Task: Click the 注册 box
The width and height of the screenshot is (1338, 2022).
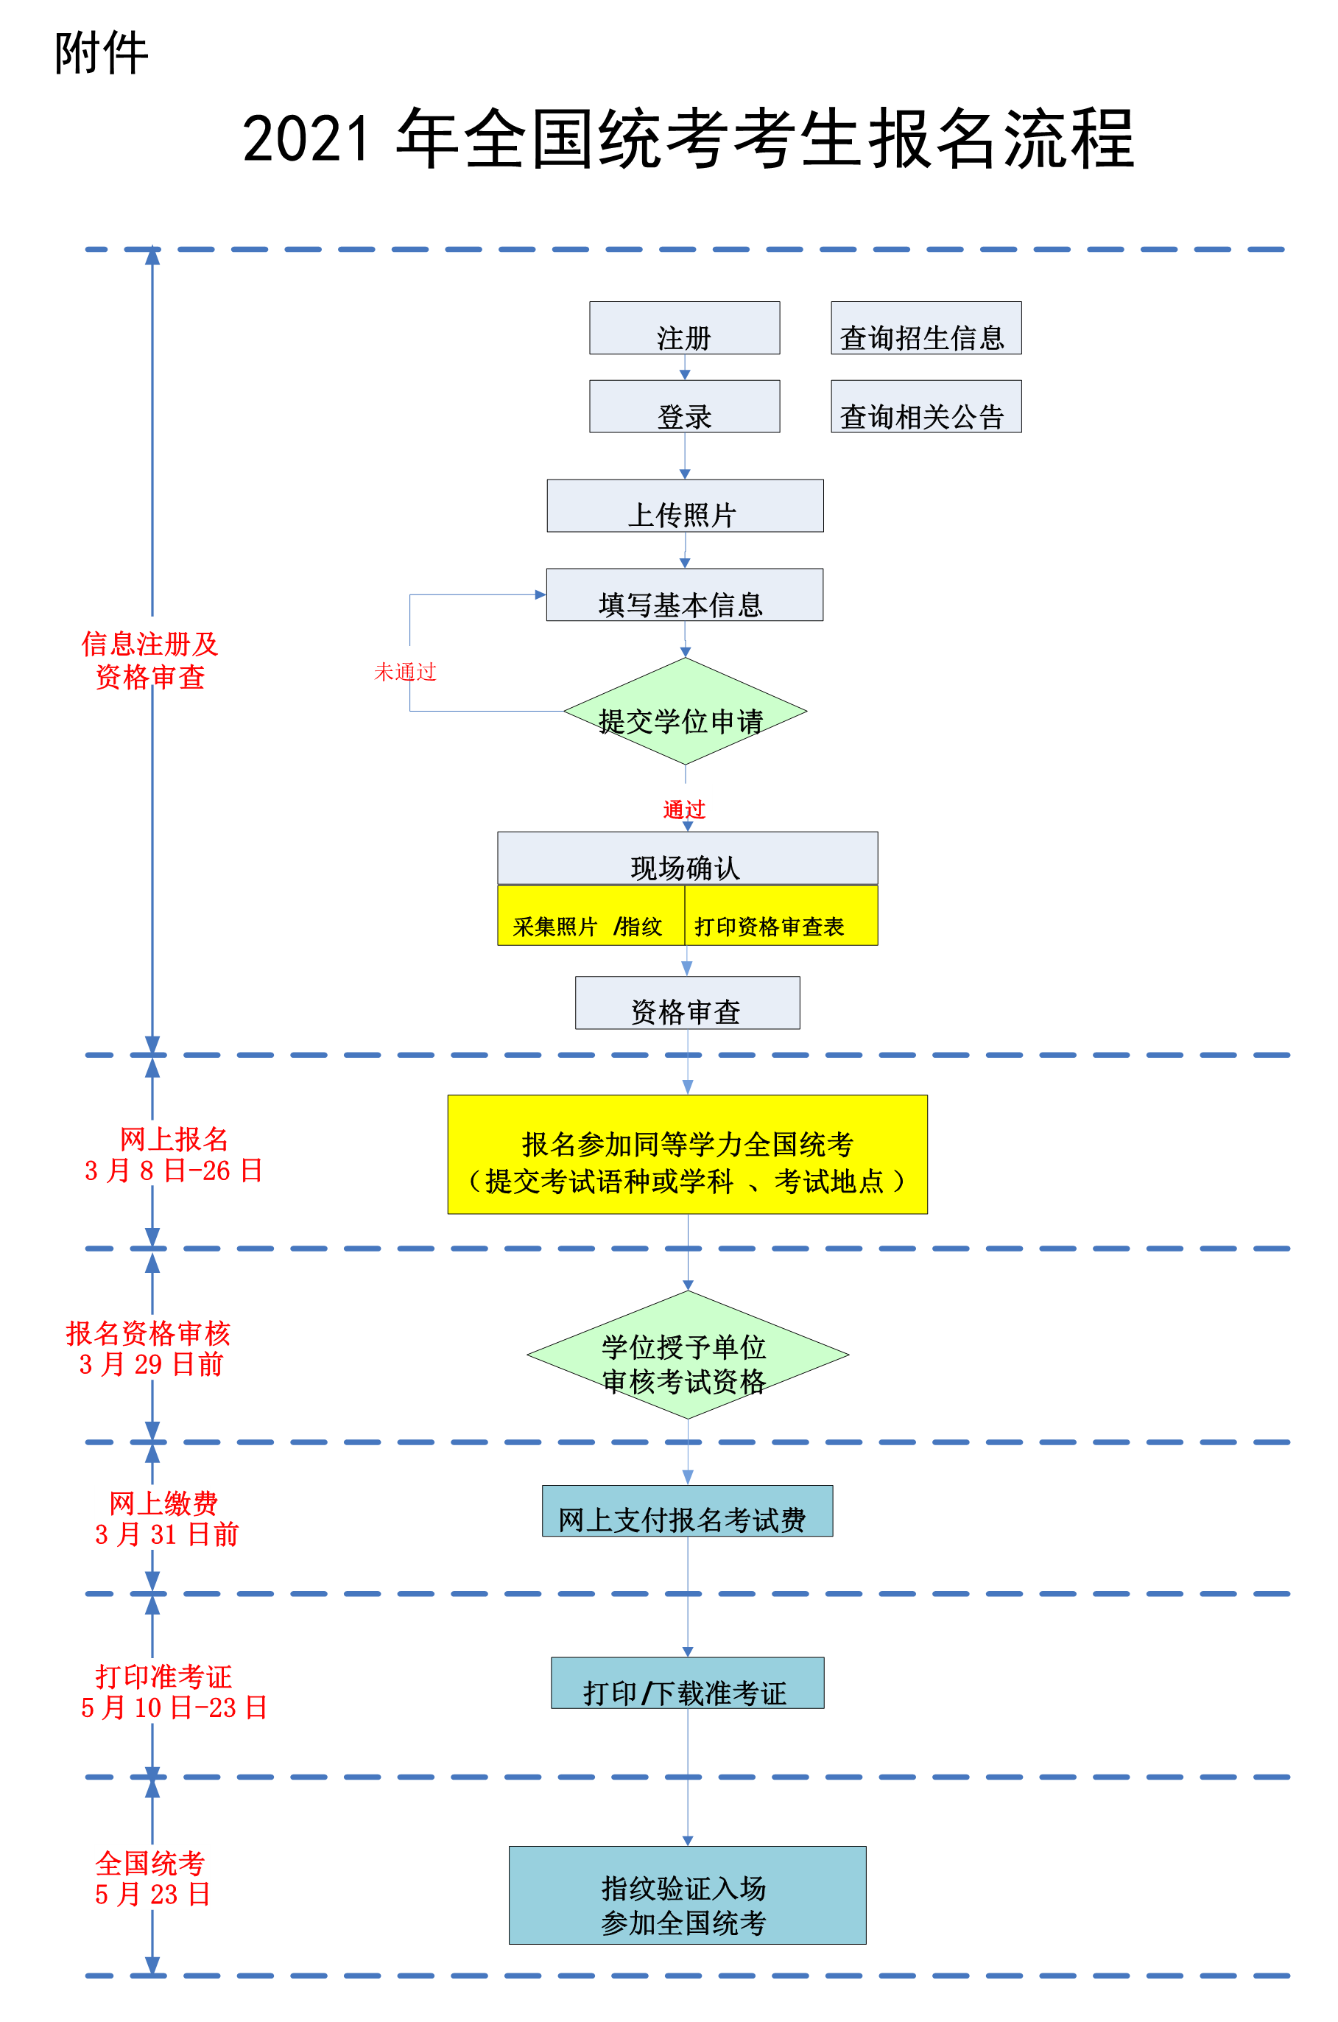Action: [683, 329]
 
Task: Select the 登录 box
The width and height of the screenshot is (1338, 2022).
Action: [683, 407]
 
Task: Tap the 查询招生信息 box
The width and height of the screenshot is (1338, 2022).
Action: [925, 329]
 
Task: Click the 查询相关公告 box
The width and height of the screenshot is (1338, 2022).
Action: [925, 407]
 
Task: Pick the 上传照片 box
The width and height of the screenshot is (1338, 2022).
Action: [684, 506]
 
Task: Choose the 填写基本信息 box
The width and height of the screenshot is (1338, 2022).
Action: [683, 596]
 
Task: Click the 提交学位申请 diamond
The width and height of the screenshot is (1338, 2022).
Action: [684, 712]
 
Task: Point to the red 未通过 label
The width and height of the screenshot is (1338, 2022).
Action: [405, 672]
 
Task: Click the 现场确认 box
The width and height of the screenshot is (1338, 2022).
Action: [687, 859]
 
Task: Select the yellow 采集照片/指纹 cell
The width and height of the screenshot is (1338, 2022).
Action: [590, 916]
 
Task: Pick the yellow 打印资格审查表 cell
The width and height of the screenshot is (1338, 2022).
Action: [780, 916]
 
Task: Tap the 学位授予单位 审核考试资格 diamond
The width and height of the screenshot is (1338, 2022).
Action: [687, 1355]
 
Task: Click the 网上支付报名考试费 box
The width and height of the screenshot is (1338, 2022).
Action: [687, 1512]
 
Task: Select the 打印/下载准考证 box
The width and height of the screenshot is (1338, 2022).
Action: [687, 1683]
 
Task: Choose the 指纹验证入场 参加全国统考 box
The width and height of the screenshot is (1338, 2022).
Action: [687, 1896]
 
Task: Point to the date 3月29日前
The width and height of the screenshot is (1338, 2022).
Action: [151, 1364]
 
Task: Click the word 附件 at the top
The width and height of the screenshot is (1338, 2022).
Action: [102, 53]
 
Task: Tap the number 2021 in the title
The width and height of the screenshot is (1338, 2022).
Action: [306, 139]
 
